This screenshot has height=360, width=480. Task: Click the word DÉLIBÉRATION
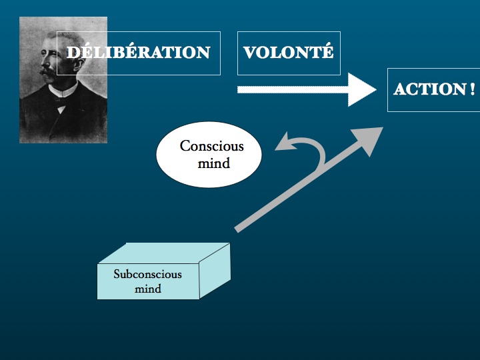click(x=139, y=52)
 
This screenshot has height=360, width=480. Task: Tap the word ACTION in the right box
click(x=430, y=89)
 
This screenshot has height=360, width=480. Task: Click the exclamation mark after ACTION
click(x=472, y=89)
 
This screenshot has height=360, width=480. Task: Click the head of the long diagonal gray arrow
click(x=369, y=140)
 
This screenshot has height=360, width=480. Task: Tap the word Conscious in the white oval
click(x=211, y=146)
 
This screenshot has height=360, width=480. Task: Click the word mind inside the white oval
click(x=214, y=163)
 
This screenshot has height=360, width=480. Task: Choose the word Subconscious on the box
click(x=147, y=274)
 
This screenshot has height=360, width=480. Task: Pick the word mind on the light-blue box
click(x=148, y=289)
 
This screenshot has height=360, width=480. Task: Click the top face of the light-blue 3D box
click(x=164, y=253)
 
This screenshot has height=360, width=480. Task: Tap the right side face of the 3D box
click(x=215, y=271)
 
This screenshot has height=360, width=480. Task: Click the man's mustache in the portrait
click(x=47, y=72)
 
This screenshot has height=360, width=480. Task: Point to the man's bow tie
click(x=61, y=101)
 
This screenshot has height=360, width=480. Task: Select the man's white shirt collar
click(x=63, y=89)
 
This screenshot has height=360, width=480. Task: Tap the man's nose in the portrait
click(x=44, y=63)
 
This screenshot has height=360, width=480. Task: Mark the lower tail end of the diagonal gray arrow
click(x=236, y=229)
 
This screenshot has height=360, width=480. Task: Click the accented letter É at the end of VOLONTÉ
click(x=327, y=51)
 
